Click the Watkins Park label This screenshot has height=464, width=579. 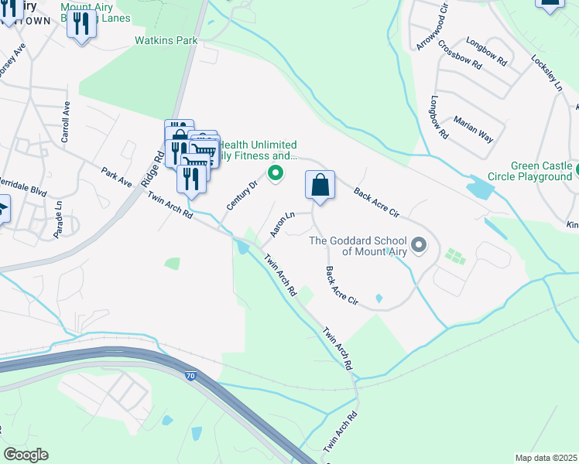click(166, 40)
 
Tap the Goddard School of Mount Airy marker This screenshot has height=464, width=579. click(419, 246)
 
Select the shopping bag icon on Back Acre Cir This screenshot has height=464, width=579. click(320, 186)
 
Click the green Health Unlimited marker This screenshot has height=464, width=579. click(274, 173)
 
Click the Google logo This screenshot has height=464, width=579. click(26, 455)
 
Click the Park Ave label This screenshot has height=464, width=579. click(116, 176)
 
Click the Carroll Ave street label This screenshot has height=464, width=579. click(66, 122)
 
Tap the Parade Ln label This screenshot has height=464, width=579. click(59, 219)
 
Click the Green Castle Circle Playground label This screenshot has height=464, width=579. click(541, 172)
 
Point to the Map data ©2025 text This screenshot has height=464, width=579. click(546, 458)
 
